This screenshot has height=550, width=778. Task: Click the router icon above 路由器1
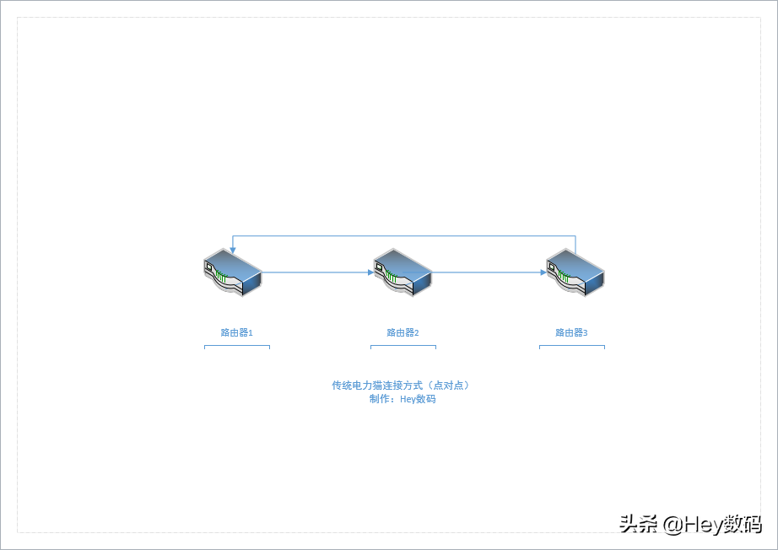[x=233, y=272]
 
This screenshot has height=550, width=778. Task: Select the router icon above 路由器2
[x=403, y=272]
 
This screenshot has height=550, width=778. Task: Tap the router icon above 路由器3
[x=575, y=272]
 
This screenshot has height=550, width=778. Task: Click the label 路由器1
[x=236, y=332]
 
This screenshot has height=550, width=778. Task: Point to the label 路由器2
[x=403, y=332]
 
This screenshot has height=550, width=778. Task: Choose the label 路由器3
[x=571, y=332]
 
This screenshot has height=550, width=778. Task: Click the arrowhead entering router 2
[x=370, y=272]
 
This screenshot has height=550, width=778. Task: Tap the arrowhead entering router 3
[x=543, y=272]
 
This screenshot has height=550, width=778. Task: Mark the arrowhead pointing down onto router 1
[x=233, y=251]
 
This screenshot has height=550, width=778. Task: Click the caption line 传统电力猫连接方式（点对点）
[x=401, y=386]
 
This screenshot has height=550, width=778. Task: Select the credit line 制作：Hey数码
[x=403, y=399]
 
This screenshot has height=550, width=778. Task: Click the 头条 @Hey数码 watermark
[x=690, y=524]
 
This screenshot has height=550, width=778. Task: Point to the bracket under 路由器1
[x=237, y=346]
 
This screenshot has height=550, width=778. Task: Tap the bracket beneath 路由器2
[x=403, y=346]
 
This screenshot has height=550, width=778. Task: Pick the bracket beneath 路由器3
[x=572, y=346]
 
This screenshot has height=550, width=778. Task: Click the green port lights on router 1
[x=221, y=277]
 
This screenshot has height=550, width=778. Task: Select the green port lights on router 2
[x=391, y=277]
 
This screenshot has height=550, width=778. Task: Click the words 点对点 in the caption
[x=449, y=386]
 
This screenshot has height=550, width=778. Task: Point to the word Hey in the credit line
[x=408, y=400]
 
